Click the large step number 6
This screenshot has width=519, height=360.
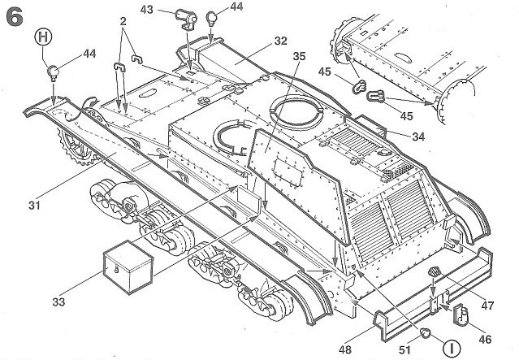coord(15,18)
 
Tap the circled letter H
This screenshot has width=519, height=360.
coord(43,37)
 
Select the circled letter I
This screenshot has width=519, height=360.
coord(452,348)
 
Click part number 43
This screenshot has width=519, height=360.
coord(147,10)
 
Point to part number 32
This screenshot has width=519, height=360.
coord(280,41)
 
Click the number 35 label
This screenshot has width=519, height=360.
coord(299,56)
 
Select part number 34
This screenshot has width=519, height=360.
coord(418,137)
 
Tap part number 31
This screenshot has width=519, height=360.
coord(34,206)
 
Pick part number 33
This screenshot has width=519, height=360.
coord(58,301)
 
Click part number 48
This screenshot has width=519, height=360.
coord(345,349)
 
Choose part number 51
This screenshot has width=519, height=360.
coord(404,350)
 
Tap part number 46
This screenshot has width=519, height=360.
coord(485,339)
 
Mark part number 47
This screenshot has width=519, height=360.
coord(487,305)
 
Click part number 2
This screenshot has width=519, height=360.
coord(123,21)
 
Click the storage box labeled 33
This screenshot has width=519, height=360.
coord(128,267)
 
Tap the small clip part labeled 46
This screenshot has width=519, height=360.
coord(460,314)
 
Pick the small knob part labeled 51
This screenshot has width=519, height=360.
coord(425,332)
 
